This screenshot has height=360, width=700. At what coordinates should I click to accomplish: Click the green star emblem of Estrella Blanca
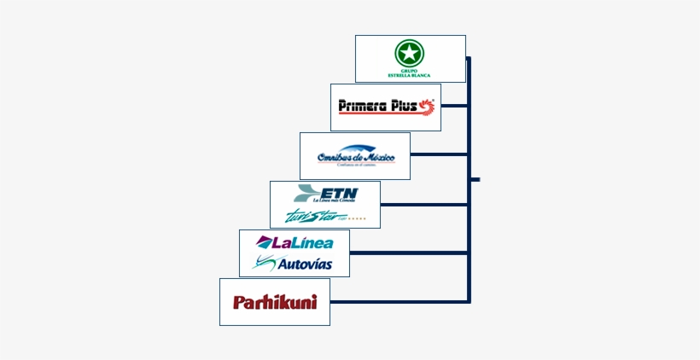(410, 53)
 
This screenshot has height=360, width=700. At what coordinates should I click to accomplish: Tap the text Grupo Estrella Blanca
(410, 73)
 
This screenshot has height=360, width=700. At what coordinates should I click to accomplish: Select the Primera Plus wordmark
(376, 107)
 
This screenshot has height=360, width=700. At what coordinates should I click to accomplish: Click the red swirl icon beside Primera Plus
(427, 107)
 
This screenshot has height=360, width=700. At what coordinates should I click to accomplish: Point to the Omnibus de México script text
(355, 158)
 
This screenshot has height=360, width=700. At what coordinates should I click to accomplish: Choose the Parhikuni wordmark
(274, 302)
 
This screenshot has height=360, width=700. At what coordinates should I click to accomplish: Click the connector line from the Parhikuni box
(399, 302)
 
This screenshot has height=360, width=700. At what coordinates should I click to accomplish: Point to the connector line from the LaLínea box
(408, 253)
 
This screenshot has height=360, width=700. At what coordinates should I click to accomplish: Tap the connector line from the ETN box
(423, 205)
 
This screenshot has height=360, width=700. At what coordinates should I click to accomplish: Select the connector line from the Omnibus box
(439, 154)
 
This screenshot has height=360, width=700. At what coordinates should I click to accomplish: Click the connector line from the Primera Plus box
(454, 106)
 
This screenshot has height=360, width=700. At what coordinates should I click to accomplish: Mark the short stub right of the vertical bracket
(475, 180)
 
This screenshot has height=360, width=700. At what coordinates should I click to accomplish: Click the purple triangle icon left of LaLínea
(263, 242)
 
